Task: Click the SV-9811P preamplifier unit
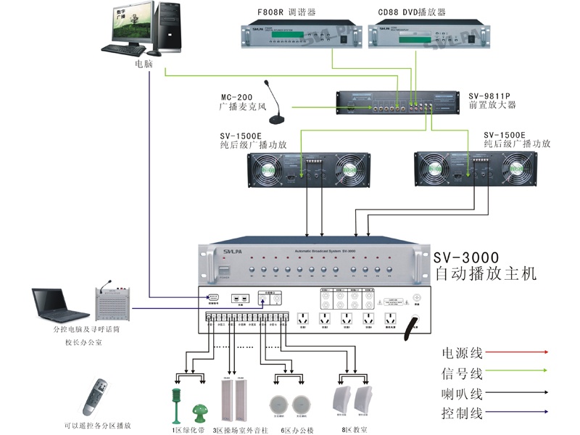(396, 103)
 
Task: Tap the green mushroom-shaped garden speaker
(199, 414)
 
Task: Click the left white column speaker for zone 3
(227, 403)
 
